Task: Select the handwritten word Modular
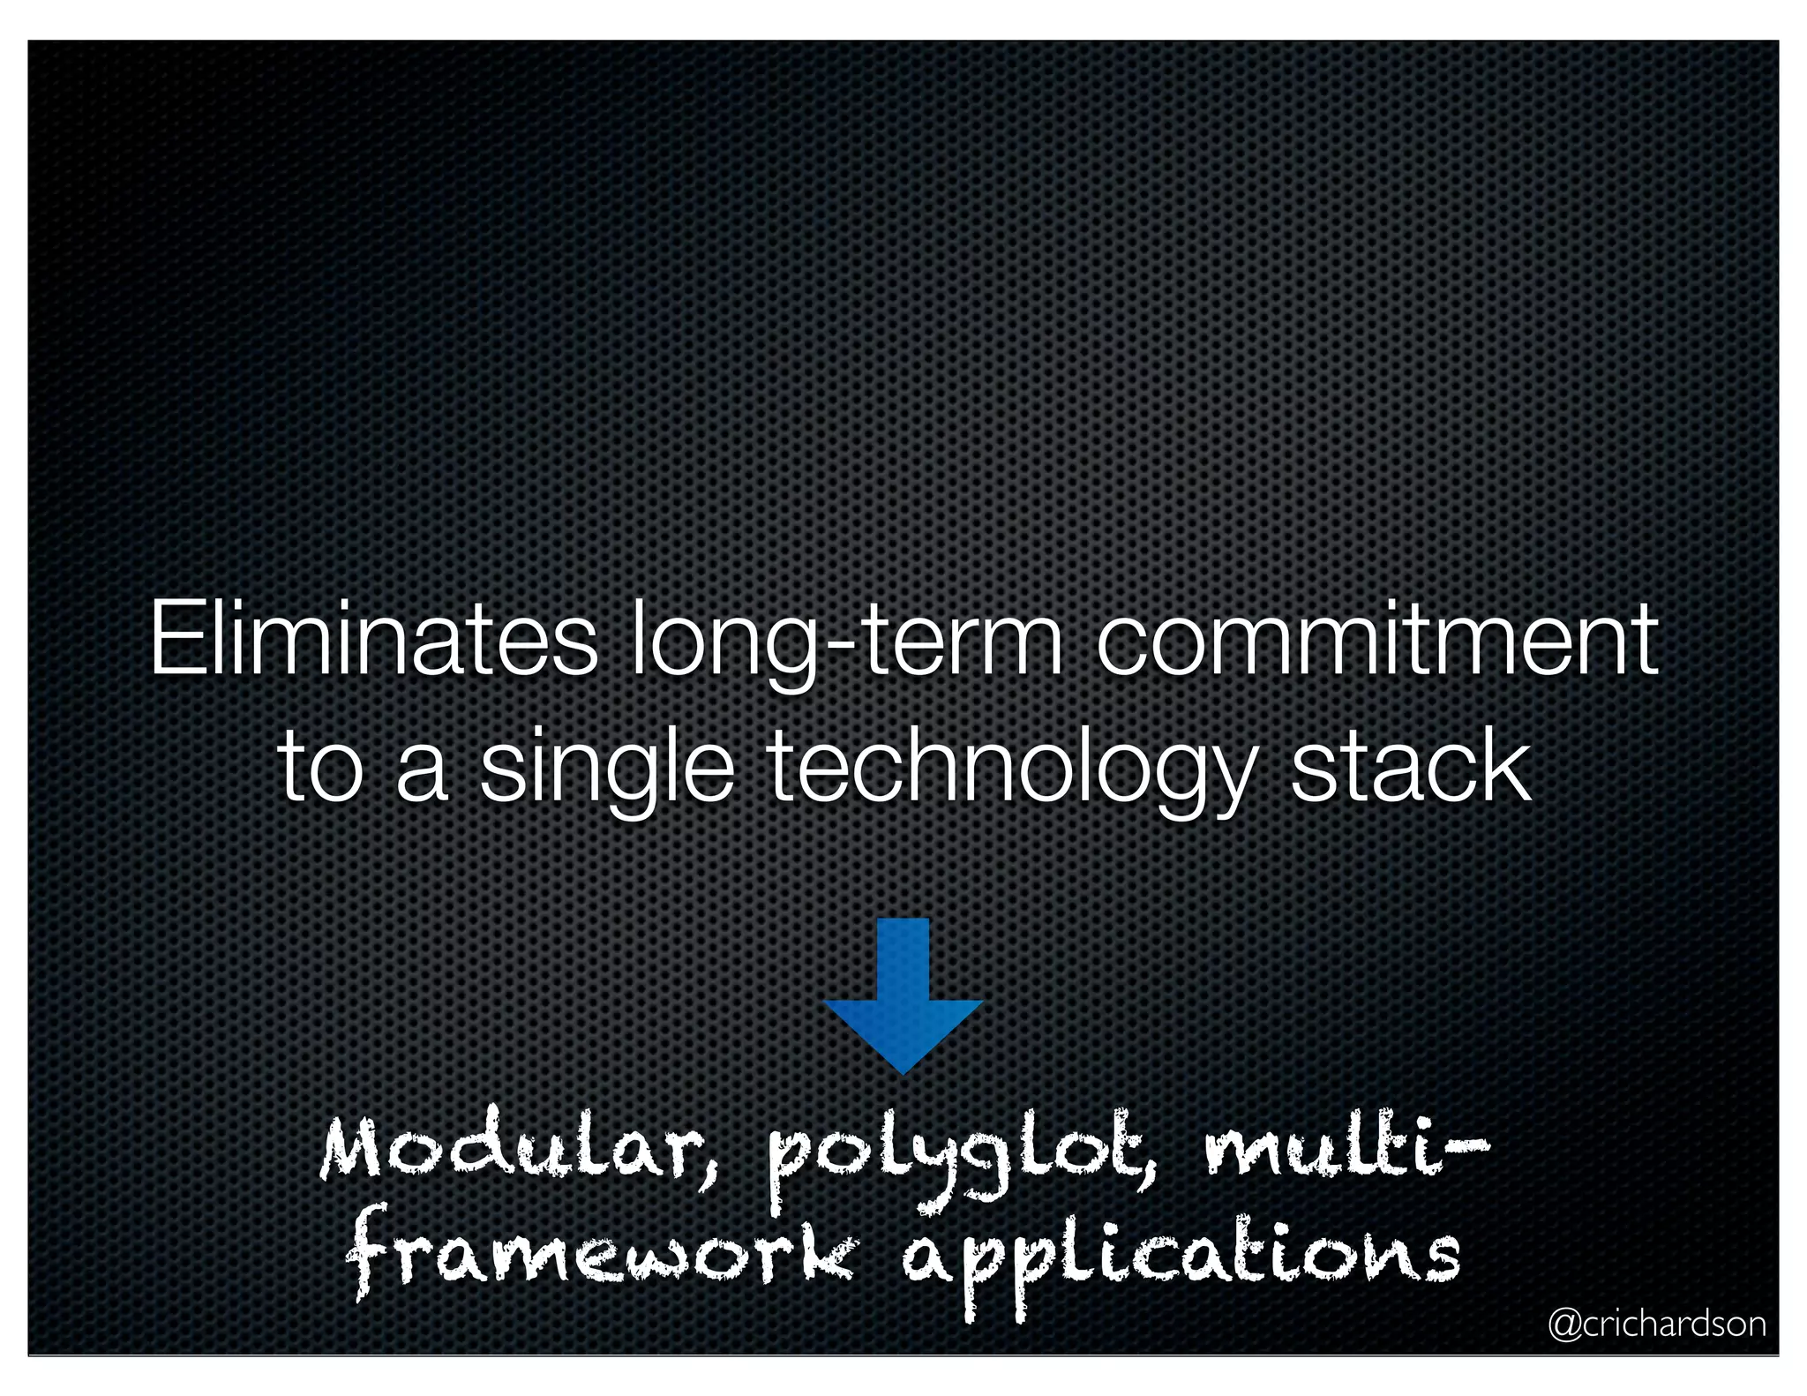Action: [520, 1152]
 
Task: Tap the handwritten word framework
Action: [600, 1257]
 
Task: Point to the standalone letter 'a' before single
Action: [421, 777]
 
